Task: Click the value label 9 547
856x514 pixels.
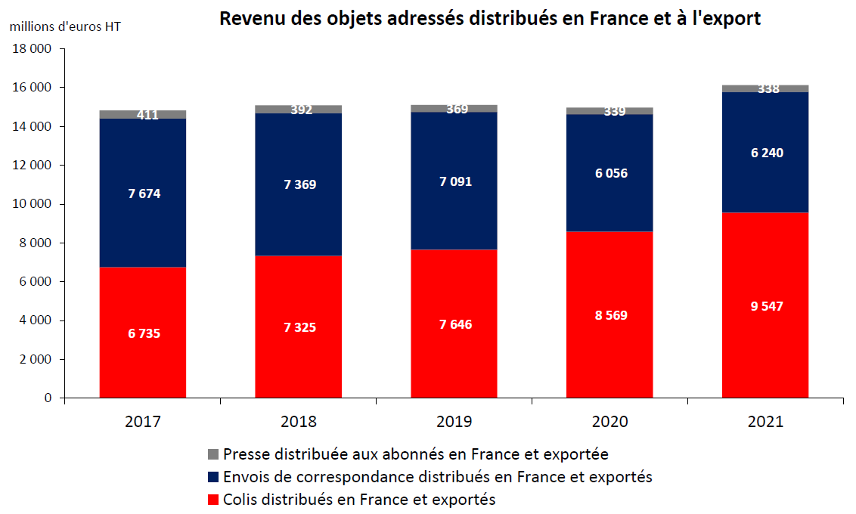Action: (765, 306)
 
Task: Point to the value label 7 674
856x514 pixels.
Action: (144, 194)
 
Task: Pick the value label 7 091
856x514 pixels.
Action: (454, 181)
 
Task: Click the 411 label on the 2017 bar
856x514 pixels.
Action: (147, 116)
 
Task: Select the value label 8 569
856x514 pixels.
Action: (610, 315)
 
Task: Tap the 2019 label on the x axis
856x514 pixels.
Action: (454, 422)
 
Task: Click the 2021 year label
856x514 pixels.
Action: (765, 422)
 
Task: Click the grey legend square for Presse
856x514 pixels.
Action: (212, 454)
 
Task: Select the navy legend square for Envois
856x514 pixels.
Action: (212, 477)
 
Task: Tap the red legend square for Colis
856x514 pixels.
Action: (212, 500)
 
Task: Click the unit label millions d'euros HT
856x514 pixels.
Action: (65, 26)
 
